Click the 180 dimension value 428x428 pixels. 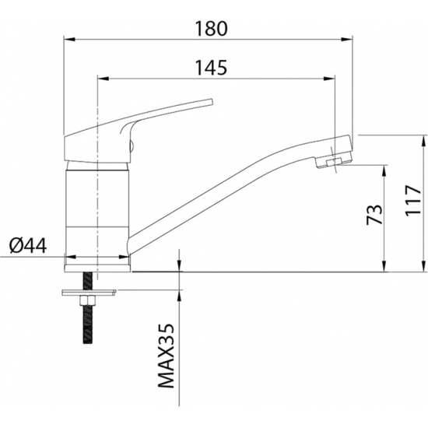[x=211, y=29]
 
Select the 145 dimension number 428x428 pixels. [x=211, y=68]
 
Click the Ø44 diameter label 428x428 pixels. [x=28, y=246]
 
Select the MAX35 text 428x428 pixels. [x=167, y=356]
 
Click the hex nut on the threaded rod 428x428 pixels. [x=87, y=300]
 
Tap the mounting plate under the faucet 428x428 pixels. [x=89, y=293]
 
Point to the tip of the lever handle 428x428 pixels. [x=211, y=101]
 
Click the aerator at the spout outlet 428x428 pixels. [x=332, y=163]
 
